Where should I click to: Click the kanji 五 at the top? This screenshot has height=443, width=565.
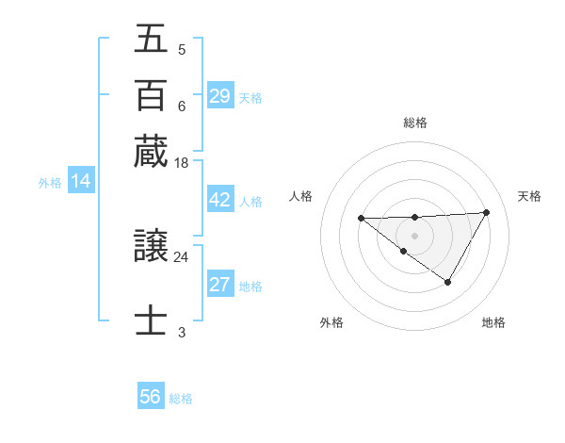pyautogui.click(x=151, y=39)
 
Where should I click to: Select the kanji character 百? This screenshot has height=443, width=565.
pyautogui.click(x=151, y=95)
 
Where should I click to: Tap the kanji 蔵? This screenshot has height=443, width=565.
pyautogui.click(x=151, y=152)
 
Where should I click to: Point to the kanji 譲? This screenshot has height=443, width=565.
pyautogui.click(x=151, y=248)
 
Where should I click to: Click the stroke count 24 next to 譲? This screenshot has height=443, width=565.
pyautogui.click(x=181, y=256)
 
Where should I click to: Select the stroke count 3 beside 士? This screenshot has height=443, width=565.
pyautogui.click(x=181, y=332)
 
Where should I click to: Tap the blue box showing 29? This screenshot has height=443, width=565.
pyautogui.click(x=219, y=95)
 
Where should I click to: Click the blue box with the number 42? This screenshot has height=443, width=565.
pyautogui.click(x=219, y=200)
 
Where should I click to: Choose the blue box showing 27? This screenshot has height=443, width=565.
pyautogui.click(x=219, y=285)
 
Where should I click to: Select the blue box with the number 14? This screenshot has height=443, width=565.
pyautogui.click(x=81, y=181)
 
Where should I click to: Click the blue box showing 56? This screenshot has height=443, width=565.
pyautogui.click(x=151, y=397)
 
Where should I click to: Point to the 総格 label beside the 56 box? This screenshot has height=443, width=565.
pyautogui.click(x=181, y=399)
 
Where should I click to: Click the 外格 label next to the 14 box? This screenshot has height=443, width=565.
pyautogui.click(x=50, y=183)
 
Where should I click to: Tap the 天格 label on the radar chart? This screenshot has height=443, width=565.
pyautogui.click(x=529, y=196)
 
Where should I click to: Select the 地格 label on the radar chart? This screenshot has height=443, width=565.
pyautogui.click(x=493, y=322)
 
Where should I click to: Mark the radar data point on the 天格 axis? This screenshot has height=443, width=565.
pyautogui.click(x=486, y=212)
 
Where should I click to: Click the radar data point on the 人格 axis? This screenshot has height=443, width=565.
pyautogui.click(x=361, y=219)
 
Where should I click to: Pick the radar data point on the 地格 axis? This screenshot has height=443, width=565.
pyautogui.click(x=448, y=282)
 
